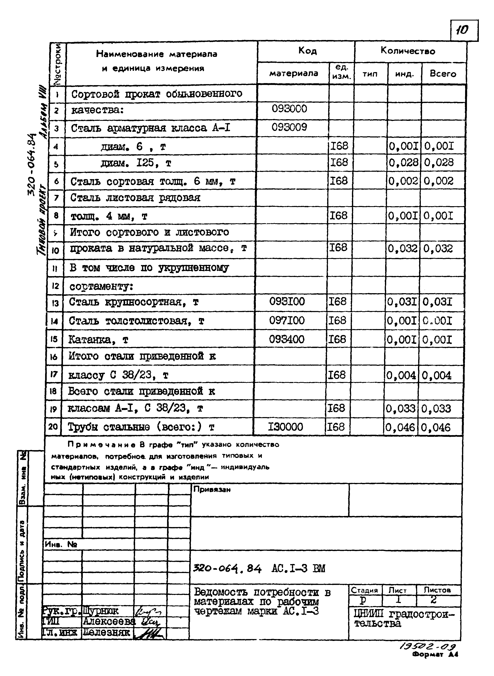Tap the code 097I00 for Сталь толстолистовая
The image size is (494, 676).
tap(287, 320)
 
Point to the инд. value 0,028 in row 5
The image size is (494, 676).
tap(403, 162)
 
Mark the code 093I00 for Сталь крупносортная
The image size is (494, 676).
tap(287, 302)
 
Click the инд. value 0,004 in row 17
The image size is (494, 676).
tap(401, 375)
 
